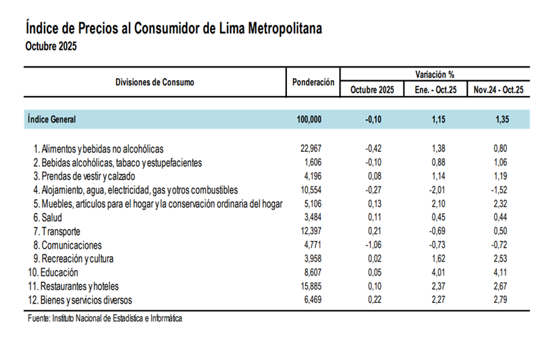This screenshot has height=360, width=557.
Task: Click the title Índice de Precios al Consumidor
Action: tap(174, 29)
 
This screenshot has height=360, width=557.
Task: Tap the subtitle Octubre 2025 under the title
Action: tap(51, 47)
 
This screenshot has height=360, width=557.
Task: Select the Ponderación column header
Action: tap(313, 82)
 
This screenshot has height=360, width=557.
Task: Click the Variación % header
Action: tap(435, 74)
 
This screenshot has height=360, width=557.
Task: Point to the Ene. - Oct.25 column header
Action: tap(435, 90)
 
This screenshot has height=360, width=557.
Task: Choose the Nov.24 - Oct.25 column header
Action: tap(499, 90)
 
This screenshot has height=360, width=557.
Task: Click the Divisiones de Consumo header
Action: tap(155, 82)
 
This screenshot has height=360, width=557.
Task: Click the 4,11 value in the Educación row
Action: tap(499, 272)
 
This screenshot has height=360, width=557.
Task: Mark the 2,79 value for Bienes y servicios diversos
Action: tap(499, 300)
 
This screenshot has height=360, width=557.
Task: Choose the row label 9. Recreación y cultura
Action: tap(77, 259)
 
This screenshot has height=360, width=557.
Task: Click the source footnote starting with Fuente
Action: tap(104, 318)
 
